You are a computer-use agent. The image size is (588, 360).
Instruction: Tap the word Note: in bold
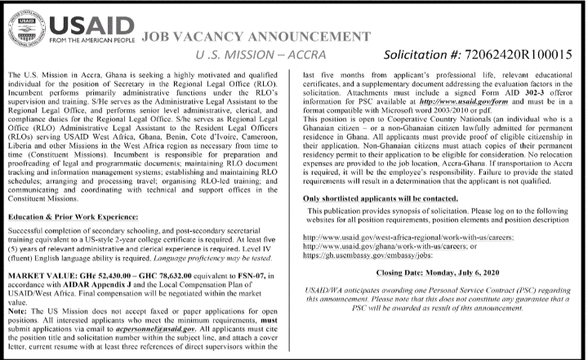pos(17,313)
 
